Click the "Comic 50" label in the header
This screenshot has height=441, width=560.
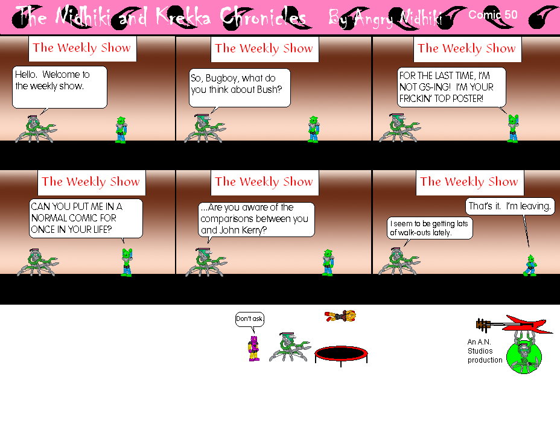(492, 15)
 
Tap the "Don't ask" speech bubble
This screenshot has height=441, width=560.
(250, 319)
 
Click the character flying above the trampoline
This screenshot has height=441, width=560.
(340, 316)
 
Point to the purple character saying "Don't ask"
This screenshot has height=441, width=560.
(254, 348)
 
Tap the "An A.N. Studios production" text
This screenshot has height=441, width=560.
(485, 351)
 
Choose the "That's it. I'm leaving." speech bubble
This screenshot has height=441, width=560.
(510, 206)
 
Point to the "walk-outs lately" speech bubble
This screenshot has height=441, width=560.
(430, 227)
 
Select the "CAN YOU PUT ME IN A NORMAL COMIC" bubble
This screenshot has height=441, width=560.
(86, 218)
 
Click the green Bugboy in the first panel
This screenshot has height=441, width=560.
(121, 130)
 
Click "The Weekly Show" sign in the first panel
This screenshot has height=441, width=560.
(82, 48)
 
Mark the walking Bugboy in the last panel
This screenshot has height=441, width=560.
(530, 265)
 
